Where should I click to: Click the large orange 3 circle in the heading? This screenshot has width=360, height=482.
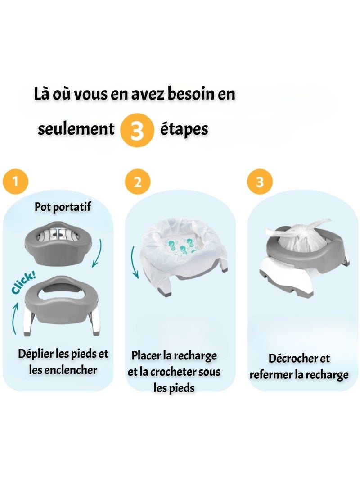(x=136, y=130)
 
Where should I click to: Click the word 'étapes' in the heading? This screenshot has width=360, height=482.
(x=184, y=129)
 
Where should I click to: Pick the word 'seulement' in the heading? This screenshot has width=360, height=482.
(x=76, y=129)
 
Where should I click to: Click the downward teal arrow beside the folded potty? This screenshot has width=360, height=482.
(x=99, y=252)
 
